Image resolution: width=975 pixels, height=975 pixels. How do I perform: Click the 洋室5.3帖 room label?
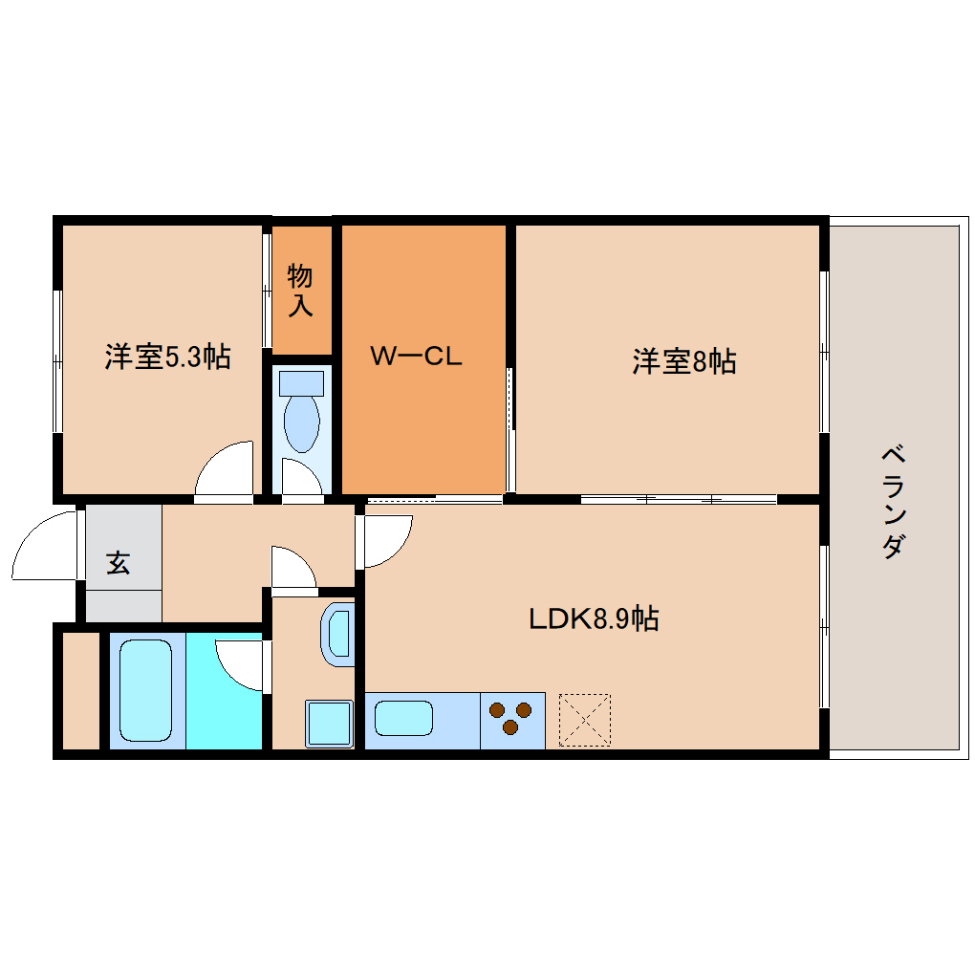[x=168, y=357]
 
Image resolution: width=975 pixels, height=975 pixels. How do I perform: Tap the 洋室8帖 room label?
[x=684, y=361]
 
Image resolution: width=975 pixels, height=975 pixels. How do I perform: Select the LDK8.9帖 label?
[x=594, y=618]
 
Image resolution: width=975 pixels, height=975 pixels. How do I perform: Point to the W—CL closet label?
[x=416, y=357]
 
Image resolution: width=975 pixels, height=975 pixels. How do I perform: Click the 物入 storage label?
[x=300, y=291]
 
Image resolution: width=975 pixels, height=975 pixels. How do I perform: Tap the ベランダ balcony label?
[x=893, y=502]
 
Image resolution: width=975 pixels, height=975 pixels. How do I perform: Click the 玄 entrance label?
[x=119, y=562]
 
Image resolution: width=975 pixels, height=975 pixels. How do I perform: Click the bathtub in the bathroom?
[x=145, y=690]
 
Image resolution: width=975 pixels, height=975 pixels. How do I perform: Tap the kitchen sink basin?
[x=403, y=719]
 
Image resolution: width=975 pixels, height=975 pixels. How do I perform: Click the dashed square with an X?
[x=584, y=720]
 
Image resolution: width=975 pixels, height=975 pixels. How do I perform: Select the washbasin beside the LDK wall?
[x=337, y=635]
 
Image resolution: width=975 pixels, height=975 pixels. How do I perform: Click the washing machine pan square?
[x=329, y=724]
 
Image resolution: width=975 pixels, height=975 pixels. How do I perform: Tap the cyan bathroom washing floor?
[x=224, y=691]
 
